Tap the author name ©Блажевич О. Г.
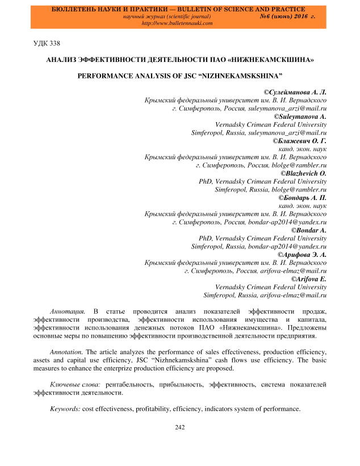point(300,140)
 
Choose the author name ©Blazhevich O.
point(304,172)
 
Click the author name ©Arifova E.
point(308,279)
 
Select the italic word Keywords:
point(65,409)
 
